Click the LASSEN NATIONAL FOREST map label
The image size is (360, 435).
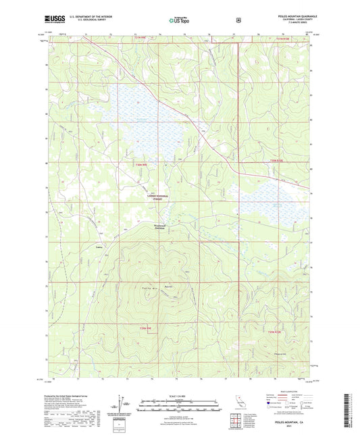(155, 197)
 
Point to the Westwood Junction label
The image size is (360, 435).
(155, 228)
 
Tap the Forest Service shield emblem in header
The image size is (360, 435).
(238, 20)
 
